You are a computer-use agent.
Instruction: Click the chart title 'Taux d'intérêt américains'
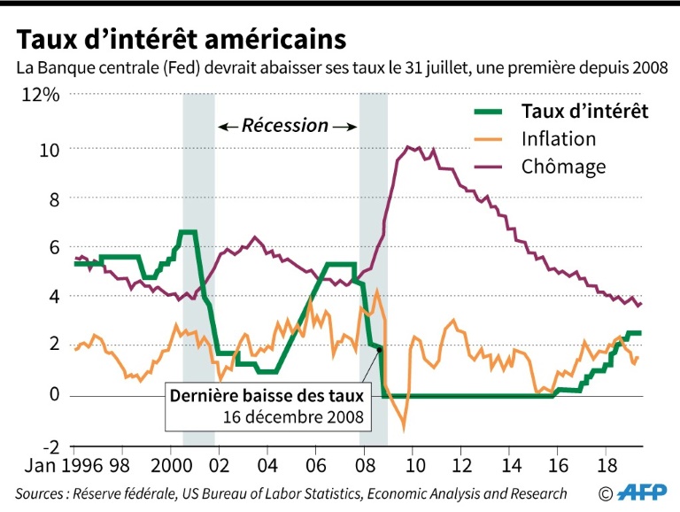[178, 39]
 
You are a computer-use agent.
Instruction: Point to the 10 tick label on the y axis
[48, 148]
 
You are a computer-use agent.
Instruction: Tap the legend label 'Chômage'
[563, 167]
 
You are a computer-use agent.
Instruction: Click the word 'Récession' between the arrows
[286, 126]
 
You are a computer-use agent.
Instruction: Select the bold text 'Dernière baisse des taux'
[267, 397]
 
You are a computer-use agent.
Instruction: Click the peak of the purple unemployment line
[407, 147]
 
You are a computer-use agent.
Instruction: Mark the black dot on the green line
[380, 351]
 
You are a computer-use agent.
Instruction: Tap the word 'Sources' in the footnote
[39, 493]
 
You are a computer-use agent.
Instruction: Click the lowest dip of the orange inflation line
[405, 428]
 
